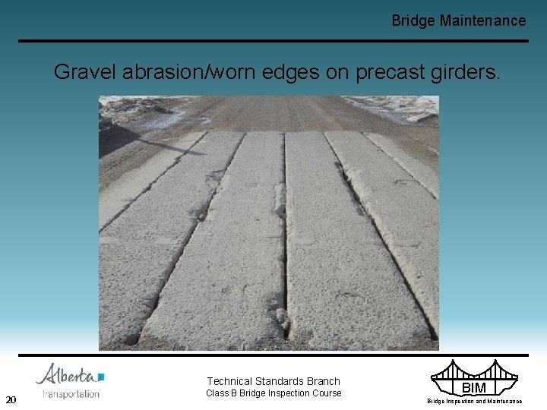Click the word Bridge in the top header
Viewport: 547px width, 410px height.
pyautogui.click(x=413, y=20)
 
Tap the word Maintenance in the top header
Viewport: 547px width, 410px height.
pyautogui.click(x=482, y=20)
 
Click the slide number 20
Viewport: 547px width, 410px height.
pyautogui.click(x=11, y=400)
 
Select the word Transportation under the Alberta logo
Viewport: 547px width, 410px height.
pyautogui.click(x=71, y=394)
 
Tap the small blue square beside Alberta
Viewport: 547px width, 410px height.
pyautogui.click(x=101, y=376)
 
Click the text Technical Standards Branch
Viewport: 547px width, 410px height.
pyautogui.click(x=273, y=381)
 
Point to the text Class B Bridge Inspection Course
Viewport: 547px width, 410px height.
pyautogui.click(x=273, y=393)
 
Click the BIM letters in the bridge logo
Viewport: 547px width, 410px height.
pyautogui.click(x=474, y=388)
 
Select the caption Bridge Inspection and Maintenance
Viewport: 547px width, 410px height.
pyautogui.click(x=474, y=401)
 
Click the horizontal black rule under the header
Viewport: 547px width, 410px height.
pyautogui.click(x=273, y=41)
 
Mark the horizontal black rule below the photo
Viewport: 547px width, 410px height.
pyautogui.click(x=273, y=355)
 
